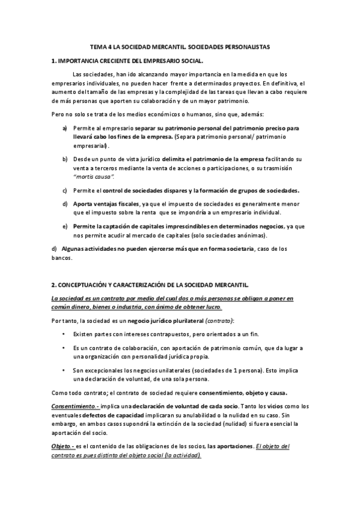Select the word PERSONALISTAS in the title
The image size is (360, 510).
point(248,46)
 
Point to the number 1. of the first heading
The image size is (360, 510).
point(54,61)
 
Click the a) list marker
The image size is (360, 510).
point(65,128)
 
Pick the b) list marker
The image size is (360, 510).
point(65,159)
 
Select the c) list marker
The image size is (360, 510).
point(65,190)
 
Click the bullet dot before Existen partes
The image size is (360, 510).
point(64,333)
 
